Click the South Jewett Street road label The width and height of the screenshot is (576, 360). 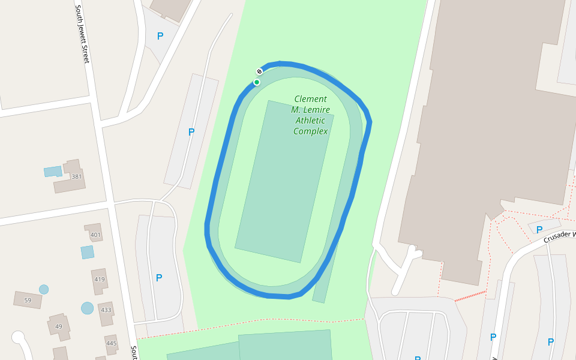click(82, 34)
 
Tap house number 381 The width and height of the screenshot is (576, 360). click(76, 176)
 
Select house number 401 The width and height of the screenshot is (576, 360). click(95, 235)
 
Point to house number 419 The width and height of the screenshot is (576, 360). click(100, 279)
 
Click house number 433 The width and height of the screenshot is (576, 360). click(106, 310)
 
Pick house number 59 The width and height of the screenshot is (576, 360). click(28, 300)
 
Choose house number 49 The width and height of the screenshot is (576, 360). click(58, 326)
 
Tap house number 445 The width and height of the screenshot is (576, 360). click(112, 343)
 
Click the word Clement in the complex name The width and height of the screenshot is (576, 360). click(310, 99)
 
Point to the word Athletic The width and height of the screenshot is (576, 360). click(311, 121)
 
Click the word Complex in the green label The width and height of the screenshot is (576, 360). click(310, 131)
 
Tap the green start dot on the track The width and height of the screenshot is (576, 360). click(257, 82)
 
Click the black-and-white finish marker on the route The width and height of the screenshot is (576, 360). click(260, 71)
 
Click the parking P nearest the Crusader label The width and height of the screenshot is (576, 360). click(539, 229)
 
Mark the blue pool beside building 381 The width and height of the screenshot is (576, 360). click(53, 171)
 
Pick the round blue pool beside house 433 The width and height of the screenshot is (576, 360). click(88, 308)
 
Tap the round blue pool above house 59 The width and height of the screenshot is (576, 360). click(44, 289)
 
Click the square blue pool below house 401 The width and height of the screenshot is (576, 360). click(88, 252)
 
